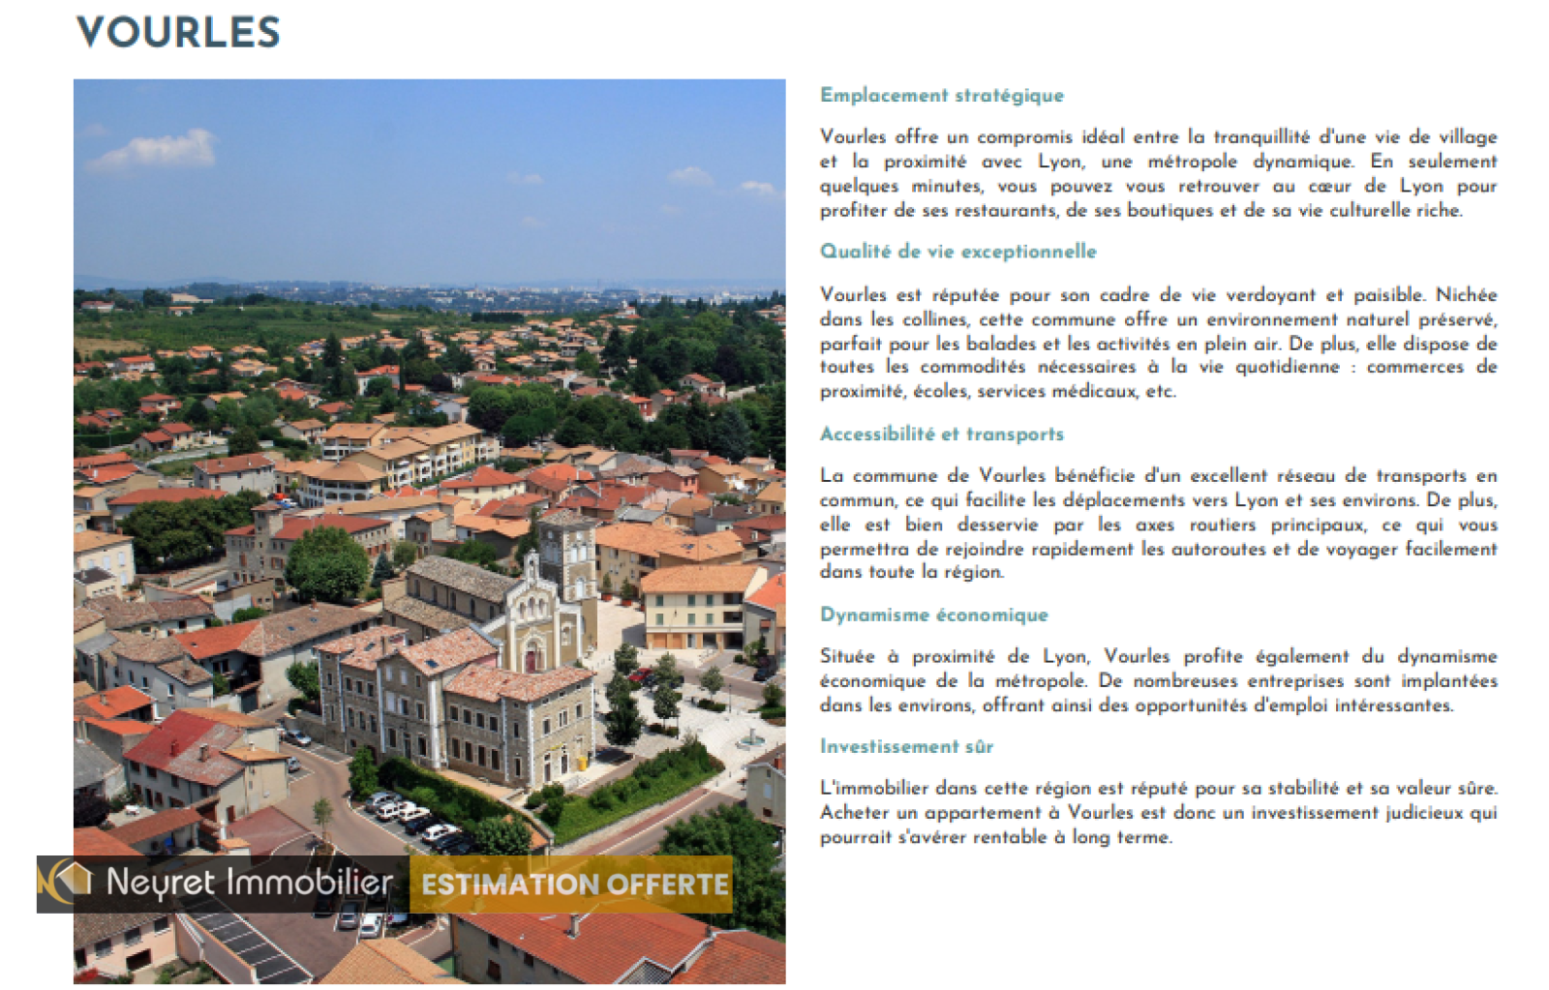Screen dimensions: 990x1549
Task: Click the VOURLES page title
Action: tap(178, 33)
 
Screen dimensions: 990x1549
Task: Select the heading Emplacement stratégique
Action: tap(941, 95)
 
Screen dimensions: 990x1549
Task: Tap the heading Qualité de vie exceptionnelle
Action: tap(957, 252)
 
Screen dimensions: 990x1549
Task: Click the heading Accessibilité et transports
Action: tap(941, 434)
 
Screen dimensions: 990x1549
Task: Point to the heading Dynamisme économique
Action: tap(933, 615)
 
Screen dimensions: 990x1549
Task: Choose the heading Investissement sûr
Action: tap(906, 746)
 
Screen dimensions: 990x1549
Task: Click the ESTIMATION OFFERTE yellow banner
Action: tap(573, 885)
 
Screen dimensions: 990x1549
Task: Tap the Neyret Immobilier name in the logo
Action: tap(249, 882)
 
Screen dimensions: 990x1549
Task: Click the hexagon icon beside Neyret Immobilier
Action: tap(68, 879)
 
